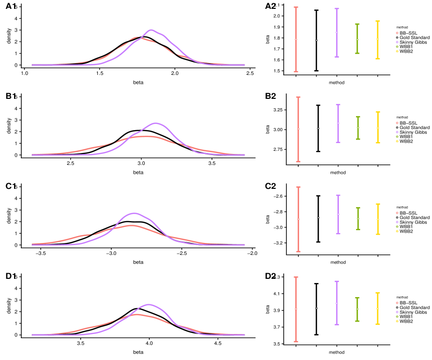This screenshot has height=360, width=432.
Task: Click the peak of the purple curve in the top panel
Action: (x=151, y=30)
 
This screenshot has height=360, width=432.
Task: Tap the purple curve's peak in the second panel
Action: (x=156, y=123)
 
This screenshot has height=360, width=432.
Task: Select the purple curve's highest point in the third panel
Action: (x=134, y=213)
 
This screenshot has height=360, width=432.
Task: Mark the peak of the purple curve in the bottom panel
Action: (x=149, y=304)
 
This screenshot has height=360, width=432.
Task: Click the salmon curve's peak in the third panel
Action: (x=132, y=225)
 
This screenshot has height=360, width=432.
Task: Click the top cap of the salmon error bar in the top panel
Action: (x=296, y=7)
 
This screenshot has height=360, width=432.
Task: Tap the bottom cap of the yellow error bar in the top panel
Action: (x=377, y=59)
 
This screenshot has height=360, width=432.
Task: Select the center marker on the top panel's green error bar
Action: (x=357, y=40)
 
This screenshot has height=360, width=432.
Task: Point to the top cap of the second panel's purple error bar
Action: (x=338, y=105)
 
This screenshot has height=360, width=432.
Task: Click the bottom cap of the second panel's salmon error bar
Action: (x=298, y=161)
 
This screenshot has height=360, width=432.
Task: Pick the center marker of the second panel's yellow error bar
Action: (x=378, y=128)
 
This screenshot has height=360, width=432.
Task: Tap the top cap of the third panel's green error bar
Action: (x=358, y=208)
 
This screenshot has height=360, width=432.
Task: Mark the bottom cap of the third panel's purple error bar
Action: (x=338, y=234)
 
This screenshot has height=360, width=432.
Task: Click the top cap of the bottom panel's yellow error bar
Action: (x=377, y=293)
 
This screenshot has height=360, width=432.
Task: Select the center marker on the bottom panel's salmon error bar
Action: (x=296, y=309)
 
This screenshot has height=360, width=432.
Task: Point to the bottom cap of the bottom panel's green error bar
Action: (x=357, y=321)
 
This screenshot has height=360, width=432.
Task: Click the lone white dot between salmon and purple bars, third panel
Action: (x=318, y=217)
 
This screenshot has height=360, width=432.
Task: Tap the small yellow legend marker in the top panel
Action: (x=397, y=51)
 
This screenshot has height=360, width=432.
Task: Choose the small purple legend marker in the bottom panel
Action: (x=397, y=312)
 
